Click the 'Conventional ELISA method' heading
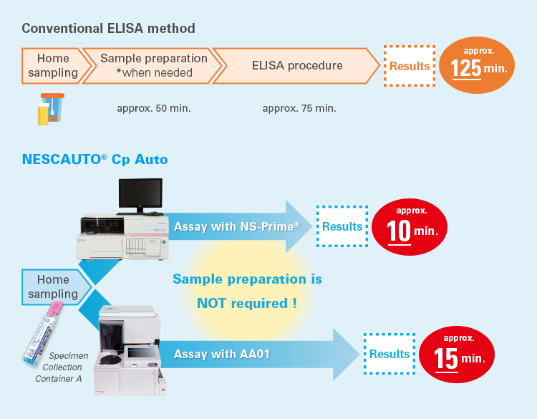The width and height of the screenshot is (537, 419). point(109,29)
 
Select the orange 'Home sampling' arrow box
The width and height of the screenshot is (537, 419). point(55,66)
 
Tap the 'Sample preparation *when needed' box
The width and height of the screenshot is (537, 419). point(153,66)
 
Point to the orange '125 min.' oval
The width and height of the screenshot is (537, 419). point(477,65)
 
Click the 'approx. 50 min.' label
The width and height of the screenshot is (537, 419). point(154,108)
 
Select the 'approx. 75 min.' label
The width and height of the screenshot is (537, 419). point(299,108)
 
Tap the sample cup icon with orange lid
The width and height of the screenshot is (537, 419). point(51,109)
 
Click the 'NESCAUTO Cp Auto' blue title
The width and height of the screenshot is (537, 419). point(95,160)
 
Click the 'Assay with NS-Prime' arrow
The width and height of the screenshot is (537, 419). point(240,226)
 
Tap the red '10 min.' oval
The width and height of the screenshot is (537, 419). point(410,227)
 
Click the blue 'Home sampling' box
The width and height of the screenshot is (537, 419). point(56,287)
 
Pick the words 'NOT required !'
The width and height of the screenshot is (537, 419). point(246,304)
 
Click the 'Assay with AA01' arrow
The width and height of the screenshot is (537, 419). point(260,355)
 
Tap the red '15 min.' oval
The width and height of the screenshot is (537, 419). point(457,355)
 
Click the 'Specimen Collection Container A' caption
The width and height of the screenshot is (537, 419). point(61,367)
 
